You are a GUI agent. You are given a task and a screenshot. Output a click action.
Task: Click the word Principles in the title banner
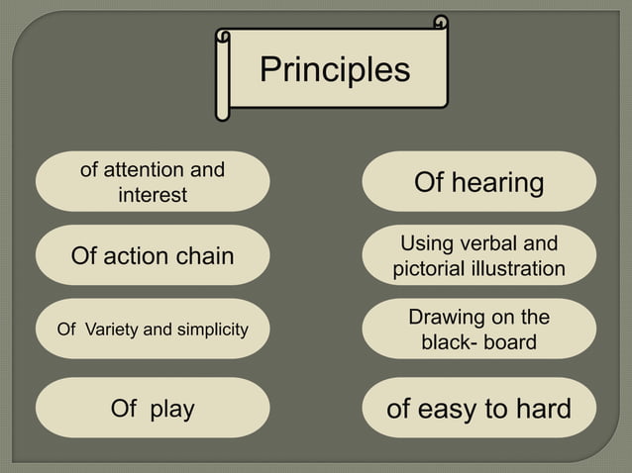coord(334,70)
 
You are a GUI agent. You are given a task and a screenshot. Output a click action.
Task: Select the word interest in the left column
coord(153,195)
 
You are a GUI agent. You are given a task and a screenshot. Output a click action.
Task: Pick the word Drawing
coord(446,318)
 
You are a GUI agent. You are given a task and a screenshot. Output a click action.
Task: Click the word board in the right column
coord(509,342)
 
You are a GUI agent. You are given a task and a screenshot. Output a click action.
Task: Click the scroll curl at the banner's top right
coord(441,23)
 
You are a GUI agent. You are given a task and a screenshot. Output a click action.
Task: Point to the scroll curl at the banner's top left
coord(225,38)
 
